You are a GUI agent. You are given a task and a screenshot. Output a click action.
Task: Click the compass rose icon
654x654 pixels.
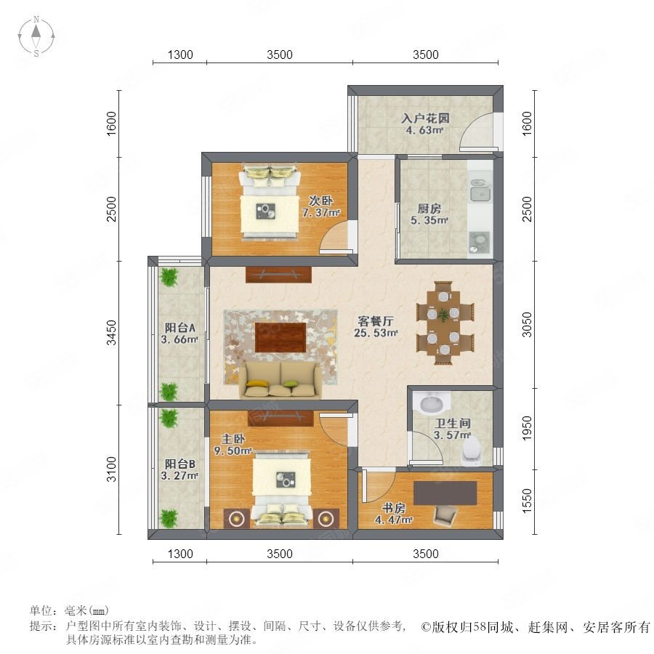pos(36,36)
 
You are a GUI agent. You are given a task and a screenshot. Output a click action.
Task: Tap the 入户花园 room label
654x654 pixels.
pos(425,118)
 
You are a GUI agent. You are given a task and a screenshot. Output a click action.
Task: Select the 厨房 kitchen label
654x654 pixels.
pos(429,208)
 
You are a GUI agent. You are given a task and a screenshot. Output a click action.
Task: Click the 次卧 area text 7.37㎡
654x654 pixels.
pos(320,213)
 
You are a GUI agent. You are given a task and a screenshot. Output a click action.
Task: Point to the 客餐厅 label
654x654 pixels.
pos(376,321)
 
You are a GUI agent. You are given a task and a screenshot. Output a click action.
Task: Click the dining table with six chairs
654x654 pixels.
pos(445,323)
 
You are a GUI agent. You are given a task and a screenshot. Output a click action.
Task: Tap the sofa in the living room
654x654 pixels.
pos(280,379)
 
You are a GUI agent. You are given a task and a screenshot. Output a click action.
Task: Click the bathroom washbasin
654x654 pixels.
pos(432,403)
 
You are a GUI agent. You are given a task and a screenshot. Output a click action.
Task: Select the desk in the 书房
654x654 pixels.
pos(445,493)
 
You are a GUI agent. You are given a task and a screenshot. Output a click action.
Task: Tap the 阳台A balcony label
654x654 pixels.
pos(179,328)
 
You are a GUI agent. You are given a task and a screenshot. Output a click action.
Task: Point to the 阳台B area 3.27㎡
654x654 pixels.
pos(179,475)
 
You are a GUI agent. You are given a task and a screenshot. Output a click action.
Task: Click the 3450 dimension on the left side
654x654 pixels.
pos(111,332)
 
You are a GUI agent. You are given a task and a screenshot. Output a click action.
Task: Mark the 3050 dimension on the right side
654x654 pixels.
pos(528,324)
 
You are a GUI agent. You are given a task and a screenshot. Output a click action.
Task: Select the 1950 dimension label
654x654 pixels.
pos(528,427)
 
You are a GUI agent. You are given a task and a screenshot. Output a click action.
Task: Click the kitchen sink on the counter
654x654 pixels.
pos(480,193)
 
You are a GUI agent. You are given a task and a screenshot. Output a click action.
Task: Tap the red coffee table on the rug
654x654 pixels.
pos(280,337)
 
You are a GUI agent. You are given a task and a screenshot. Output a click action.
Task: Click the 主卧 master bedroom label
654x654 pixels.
pos(233,439)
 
